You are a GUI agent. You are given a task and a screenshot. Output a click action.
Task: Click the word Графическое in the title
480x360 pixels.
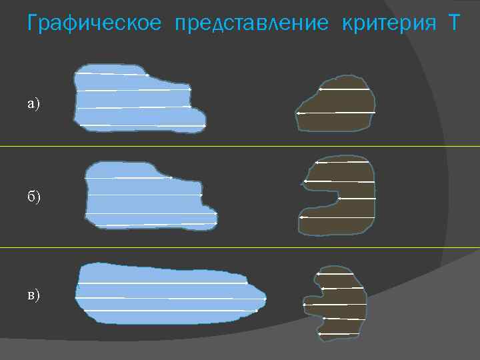tap(94, 24)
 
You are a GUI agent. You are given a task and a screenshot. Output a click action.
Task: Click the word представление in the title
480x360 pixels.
tap(251, 24)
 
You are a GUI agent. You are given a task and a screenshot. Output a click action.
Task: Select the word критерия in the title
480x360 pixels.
tap(385, 24)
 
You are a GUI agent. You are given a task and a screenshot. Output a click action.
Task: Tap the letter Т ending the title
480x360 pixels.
tap(453, 24)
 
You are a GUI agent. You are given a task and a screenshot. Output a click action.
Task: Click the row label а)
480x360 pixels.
tap(33, 103)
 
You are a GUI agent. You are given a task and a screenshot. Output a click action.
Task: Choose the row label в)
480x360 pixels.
tap(33, 295)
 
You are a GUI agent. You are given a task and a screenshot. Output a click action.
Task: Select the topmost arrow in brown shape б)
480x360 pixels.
tap(341, 162)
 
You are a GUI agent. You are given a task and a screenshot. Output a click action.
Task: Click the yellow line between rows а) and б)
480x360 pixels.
tap(240, 146)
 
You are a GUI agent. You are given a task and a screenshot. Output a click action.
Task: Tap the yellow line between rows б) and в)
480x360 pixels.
tap(240, 247)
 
